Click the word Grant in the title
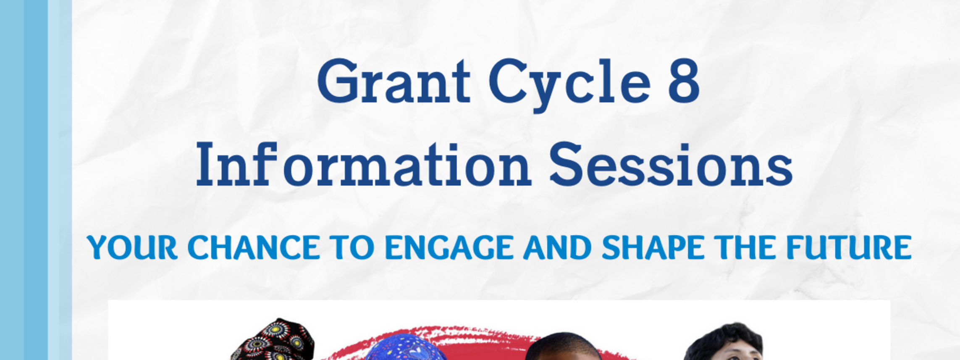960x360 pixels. click(x=394, y=81)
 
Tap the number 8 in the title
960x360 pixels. click(x=684, y=81)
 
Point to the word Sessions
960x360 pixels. click(x=671, y=165)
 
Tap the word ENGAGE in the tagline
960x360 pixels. click(x=449, y=247)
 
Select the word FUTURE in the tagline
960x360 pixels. click(x=848, y=247)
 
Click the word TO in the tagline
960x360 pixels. click(x=352, y=247)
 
